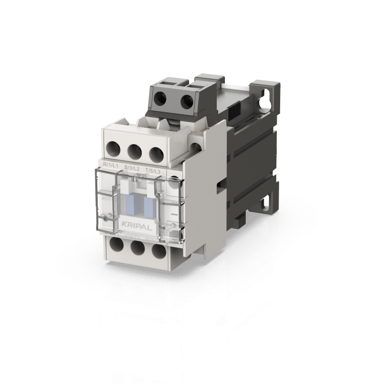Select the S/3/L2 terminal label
pyautogui.click(x=132, y=168)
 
